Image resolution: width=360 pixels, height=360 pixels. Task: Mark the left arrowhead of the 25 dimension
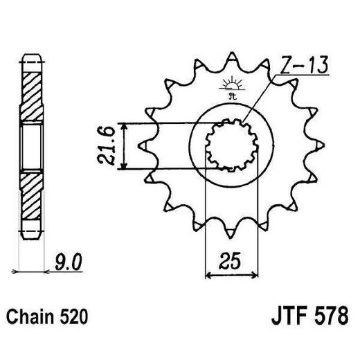tap(210, 276)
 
